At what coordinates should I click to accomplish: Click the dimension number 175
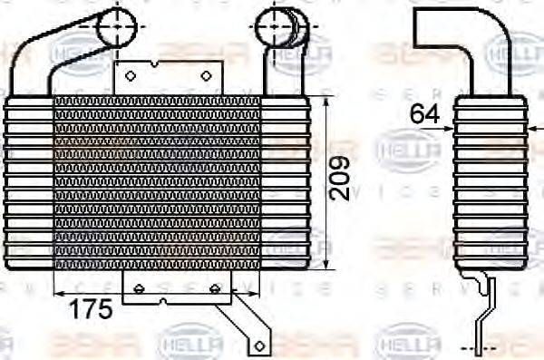[x=91, y=308]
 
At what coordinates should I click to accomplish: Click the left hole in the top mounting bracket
[x=130, y=76]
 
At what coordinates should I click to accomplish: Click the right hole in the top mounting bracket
[x=207, y=76]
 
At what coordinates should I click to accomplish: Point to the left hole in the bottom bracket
[x=139, y=288]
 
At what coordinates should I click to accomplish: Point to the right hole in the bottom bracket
[x=214, y=288]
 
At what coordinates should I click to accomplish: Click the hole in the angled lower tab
[x=260, y=345]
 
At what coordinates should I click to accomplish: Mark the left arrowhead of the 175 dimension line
[x=59, y=292]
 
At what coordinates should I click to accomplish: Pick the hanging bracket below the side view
[x=486, y=304]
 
